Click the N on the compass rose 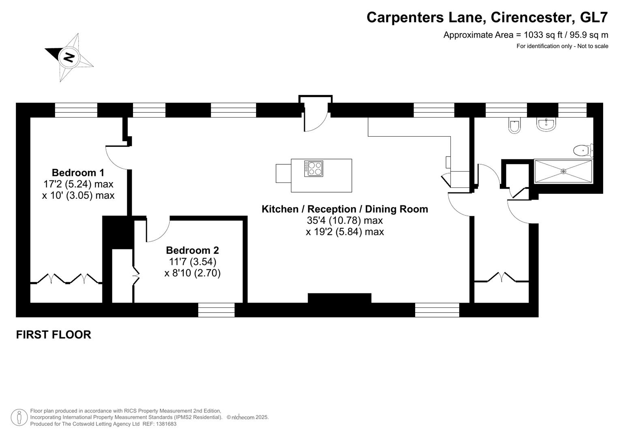click(x=69, y=57)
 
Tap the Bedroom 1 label click(x=78, y=172)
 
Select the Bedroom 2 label click(x=192, y=250)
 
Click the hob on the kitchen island click(x=314, y=169)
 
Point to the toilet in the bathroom click(x=583, y=151)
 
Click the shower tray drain click(x=563, y=172)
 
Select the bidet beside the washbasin click(x=514, y=126)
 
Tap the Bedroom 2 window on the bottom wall click(x=216, y=310)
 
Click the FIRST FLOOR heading click(x=54, y=335)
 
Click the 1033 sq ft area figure click(x=542, y=35)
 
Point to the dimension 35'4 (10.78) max click(x=345, y=220)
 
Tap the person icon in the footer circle click(x=19, y=417)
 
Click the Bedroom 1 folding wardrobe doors click(x=66, y=279)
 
